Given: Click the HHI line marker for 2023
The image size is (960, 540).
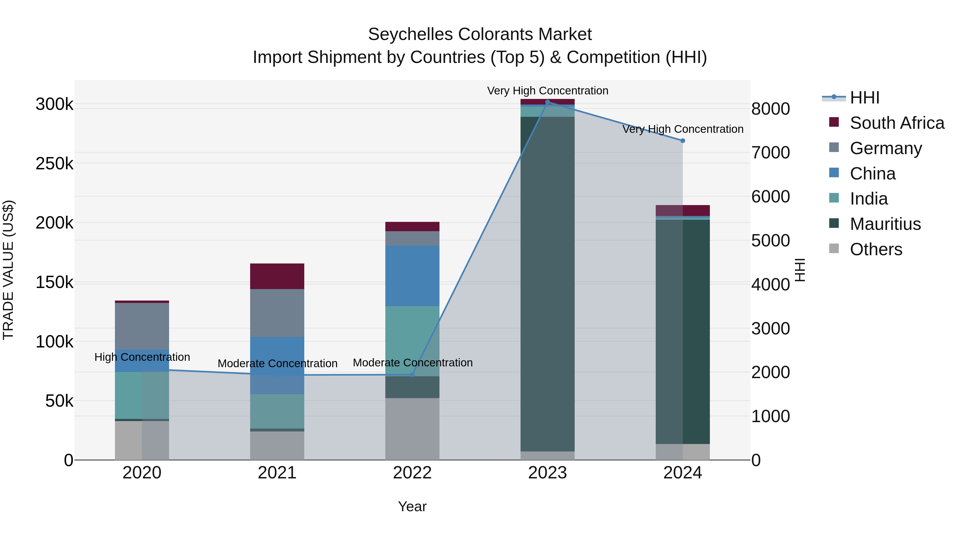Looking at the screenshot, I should pos(547,102).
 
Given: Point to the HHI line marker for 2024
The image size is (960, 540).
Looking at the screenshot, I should pos(683,141).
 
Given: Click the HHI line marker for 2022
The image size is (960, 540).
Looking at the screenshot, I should pos(412,375).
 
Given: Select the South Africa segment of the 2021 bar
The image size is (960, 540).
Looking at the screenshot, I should pos(277,276).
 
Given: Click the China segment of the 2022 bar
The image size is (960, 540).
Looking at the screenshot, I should pos(412,276).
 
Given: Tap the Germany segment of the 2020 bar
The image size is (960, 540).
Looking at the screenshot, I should pos(142,326).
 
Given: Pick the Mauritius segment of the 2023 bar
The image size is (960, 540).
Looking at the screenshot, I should pos(547,283).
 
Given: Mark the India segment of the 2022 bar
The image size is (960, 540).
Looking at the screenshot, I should pos(412,341).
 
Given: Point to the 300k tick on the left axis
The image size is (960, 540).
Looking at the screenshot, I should pos(54,104).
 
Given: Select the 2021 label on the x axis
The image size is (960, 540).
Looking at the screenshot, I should pos(277,473).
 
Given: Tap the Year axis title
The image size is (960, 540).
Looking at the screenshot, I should pos(412,506).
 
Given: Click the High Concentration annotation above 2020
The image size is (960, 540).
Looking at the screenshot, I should pos(142,357).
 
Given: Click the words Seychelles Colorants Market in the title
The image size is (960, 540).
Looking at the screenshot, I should pos(480,34).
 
